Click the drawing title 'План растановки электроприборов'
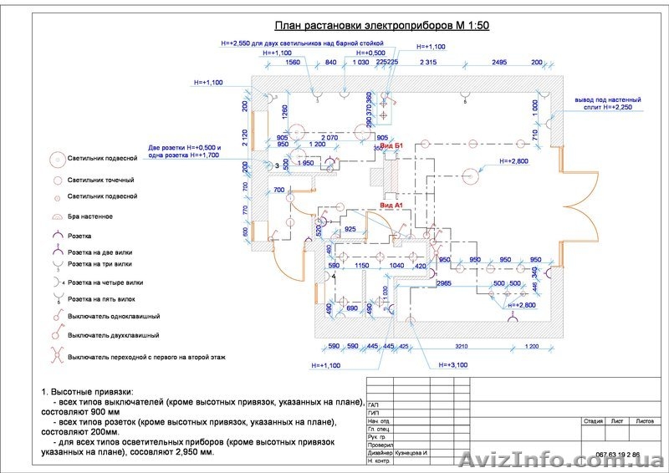pyautogui.click(x=381, y=26)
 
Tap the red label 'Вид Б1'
pyautogui.click(x=392, y=146)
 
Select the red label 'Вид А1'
pyautogui.click(x=391, y=205)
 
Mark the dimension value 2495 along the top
pyautogui.click(x=500, y=63)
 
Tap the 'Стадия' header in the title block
pyautogui.click(x=593, y=421)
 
